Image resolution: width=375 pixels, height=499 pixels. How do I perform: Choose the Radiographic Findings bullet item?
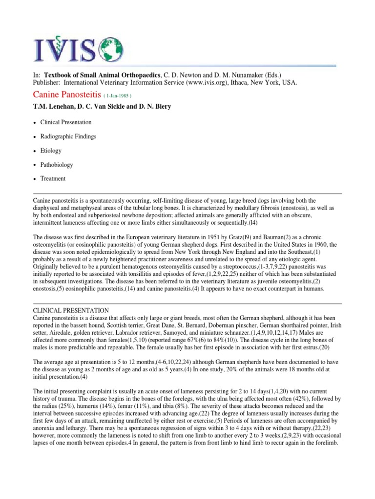(68, 136)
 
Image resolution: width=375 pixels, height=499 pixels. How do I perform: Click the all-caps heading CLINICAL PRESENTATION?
(71, 310)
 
